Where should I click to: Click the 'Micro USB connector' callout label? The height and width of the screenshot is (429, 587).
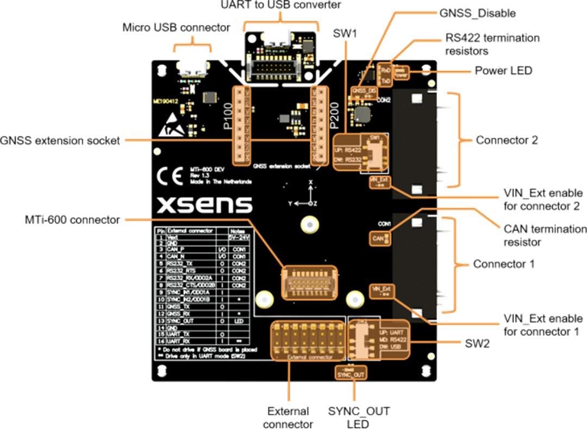[x=176, y=27]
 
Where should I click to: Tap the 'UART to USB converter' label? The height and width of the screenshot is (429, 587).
[x=281, y=5]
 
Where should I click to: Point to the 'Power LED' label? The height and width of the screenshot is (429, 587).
[x=503, y=71]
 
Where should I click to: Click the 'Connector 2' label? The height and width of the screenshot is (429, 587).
[x=507, y=140]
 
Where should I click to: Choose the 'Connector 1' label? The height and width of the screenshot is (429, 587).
[x=504, y=264]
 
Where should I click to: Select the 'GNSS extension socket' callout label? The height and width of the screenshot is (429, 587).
[x=60, y=141]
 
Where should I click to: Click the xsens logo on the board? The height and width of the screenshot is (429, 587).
[x=204, y=204]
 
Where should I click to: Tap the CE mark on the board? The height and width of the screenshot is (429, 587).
[x=170, y=177]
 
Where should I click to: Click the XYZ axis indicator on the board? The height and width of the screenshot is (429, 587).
[x=308, y=195]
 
